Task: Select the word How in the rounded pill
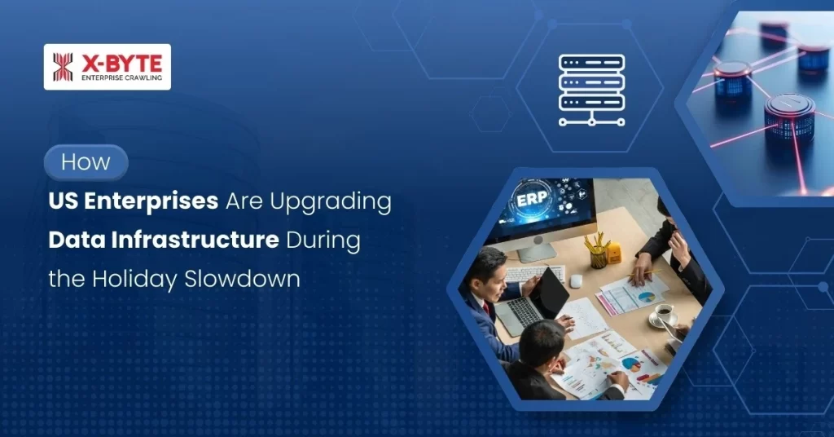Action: click(x=86, y=161)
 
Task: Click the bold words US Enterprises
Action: click(x=133, y=201)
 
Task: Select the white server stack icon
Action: click(x=591, y=89)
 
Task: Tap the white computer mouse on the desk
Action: click(x=576, y=280)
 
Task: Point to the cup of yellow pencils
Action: click(x=599, y=252)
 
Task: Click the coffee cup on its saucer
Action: click(x=664, y=313)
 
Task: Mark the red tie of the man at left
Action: click(x=486, y=309)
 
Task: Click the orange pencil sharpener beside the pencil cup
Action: click(x=614, y=254)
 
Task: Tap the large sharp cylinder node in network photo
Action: click(x=788, y=114)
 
